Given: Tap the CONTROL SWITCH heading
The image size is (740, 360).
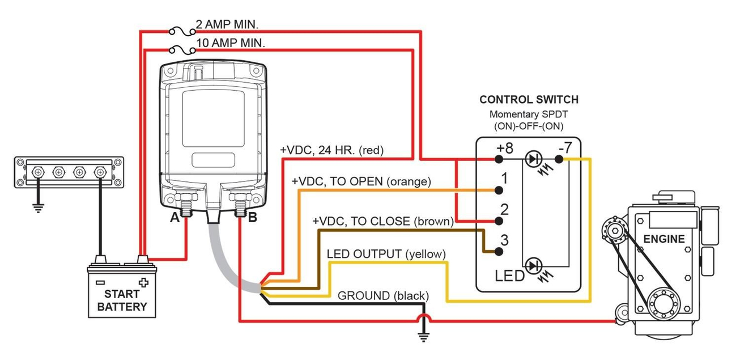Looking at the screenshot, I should point(529,100).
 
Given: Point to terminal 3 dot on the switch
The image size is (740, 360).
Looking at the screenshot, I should point(500,251).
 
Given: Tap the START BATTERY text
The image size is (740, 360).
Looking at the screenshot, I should point(122,300).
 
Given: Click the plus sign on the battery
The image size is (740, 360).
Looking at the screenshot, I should point(143,282).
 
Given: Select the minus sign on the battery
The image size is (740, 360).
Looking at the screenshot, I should point(100,282).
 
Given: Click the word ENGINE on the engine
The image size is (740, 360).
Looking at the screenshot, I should point(664,239).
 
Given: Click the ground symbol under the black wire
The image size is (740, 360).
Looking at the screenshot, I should point(423,337).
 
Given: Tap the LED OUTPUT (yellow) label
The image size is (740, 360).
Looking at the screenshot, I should point(386,253).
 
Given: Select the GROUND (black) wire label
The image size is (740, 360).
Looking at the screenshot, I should point(383,295).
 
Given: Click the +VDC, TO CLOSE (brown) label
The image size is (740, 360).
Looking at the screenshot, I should point(383,221).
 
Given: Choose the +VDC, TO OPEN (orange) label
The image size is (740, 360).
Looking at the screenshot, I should point(362,181).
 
